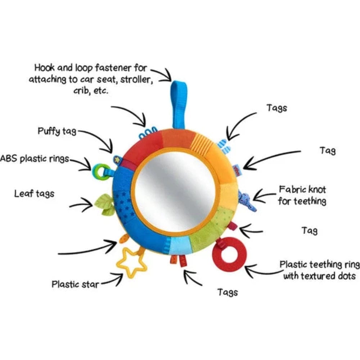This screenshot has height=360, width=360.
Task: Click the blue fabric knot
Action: click(248, 200)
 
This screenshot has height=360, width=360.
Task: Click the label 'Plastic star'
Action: click(75, 284)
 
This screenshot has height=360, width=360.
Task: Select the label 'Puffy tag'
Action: click(57, 131)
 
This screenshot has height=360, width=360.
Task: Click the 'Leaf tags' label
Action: click(34, 194)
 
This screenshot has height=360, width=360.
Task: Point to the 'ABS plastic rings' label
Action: click(34, 159)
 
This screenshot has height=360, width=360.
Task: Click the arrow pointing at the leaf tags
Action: click(81, 206)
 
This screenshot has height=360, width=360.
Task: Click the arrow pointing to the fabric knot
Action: click(264, 196)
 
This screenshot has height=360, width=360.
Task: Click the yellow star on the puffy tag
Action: click(117, 158)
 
